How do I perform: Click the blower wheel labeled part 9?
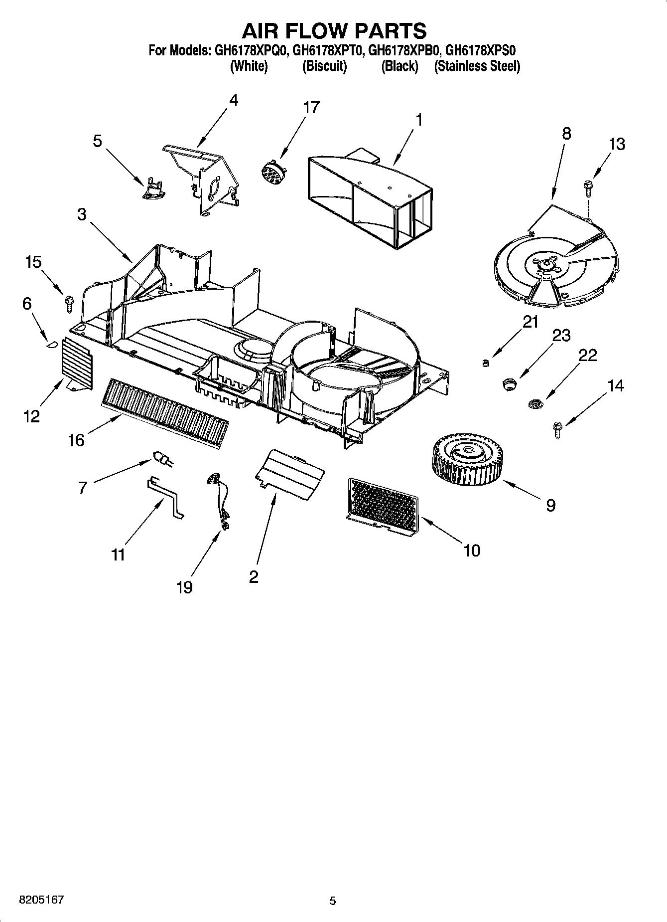tap(468, 460)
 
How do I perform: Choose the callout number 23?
tap(561, 335)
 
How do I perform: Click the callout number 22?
tap(587, 355)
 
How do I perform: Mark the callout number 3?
tap(81, 214)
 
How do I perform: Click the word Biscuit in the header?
tap(324, 66)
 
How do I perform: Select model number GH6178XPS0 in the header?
tap(480, 50)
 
